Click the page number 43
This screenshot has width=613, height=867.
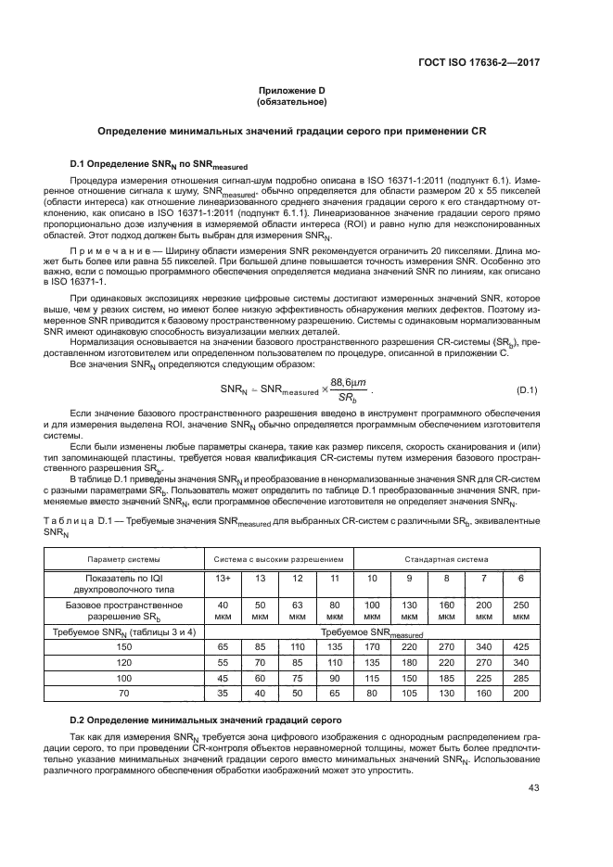coord(532,788)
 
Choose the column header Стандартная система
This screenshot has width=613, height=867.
coord(446,560)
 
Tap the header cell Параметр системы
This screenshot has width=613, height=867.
coord(123,560)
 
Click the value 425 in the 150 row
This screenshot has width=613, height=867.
coord(520,645)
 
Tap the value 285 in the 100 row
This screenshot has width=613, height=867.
coord(520,679)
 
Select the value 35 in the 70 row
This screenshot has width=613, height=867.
coord(223,695)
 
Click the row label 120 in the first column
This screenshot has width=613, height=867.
coord(123,662)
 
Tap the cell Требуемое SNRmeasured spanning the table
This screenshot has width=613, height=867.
coord(371,631)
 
